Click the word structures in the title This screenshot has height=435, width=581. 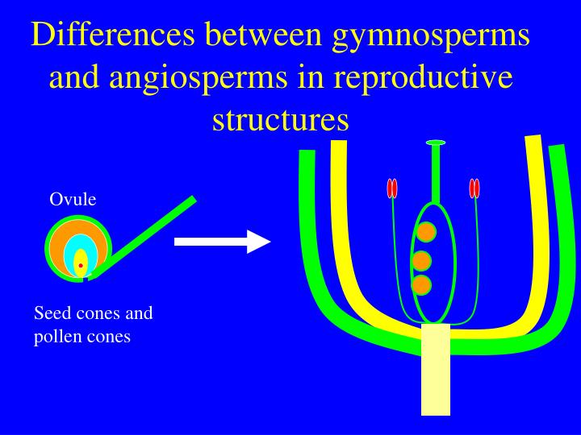[280, 119]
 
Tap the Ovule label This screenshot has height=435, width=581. [73, 200]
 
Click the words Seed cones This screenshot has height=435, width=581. [77, 313]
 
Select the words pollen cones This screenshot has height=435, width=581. [82, 337]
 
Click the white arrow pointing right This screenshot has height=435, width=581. [222, 241]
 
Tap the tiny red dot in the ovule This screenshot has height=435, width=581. [81, 266]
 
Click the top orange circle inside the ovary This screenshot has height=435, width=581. [426, 232]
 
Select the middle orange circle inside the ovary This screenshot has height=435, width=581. [421, 260]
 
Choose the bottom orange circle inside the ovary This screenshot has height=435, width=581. [420, 284]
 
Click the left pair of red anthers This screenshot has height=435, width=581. [392, 188]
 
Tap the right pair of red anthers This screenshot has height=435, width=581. [474, 188]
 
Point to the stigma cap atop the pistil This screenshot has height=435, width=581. [436, 143]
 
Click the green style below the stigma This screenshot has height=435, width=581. [436, 173]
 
